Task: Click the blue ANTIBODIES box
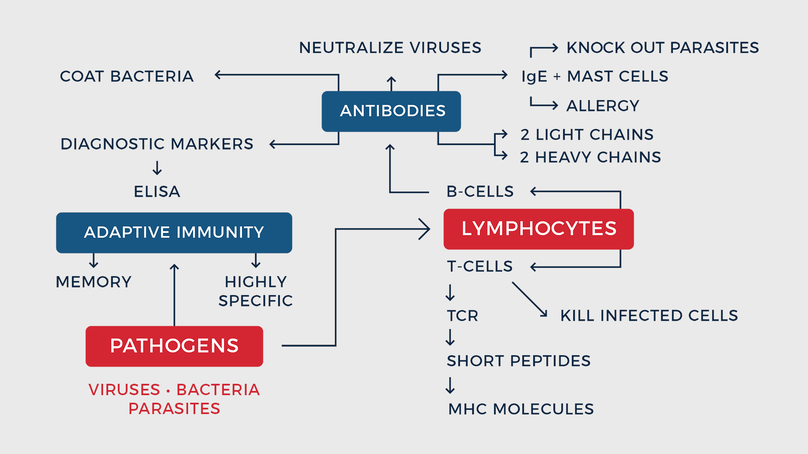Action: pos(391,111)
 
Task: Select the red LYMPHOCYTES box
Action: pos(538,229)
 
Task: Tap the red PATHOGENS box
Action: pos(174,346)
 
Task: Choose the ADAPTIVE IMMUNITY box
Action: pos(174,232)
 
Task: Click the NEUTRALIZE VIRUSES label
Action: pos(390,48)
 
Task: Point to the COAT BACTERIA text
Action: pos(127,77)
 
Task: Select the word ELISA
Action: pos(157,192)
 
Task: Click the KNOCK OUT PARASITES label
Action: pos(662,48)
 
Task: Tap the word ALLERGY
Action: pos(603,106)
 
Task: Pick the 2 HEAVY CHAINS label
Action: pos(590,157)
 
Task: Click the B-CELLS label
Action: pos(480,192)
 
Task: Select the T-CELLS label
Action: pos(480,267)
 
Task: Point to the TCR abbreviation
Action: pos(462,316)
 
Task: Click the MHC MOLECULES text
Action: pos(521,409)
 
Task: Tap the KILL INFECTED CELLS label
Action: pos(649,316)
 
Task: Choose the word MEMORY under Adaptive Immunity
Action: pos(94,282)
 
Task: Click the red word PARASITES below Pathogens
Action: pos(174,409)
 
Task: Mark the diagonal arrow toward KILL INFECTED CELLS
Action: pos(530,299)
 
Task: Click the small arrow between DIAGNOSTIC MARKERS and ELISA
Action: pos(157,168)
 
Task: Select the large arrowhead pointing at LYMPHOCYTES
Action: pos(424,229)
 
